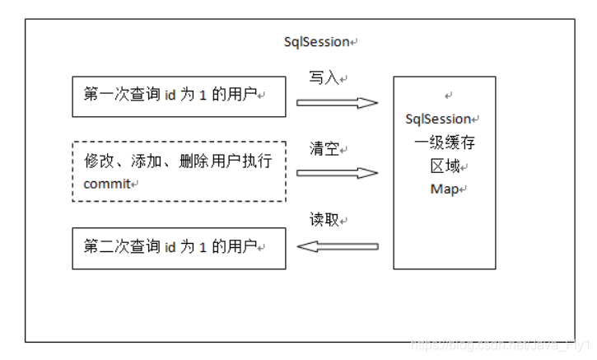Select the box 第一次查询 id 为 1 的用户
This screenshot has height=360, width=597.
[179, 96]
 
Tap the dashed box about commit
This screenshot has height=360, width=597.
[179, 171]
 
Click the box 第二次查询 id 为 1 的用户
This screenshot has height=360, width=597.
[179, 248]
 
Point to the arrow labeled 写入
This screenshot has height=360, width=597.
[336, 103]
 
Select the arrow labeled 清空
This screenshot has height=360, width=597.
[336, 173]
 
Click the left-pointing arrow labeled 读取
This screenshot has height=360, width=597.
[338, 245]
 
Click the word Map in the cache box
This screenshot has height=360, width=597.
[445, 189]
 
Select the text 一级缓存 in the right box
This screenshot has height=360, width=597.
[445, 143]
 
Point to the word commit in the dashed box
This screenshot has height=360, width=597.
[107, 184]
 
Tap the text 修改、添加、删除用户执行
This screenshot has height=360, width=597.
[177, 161]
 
